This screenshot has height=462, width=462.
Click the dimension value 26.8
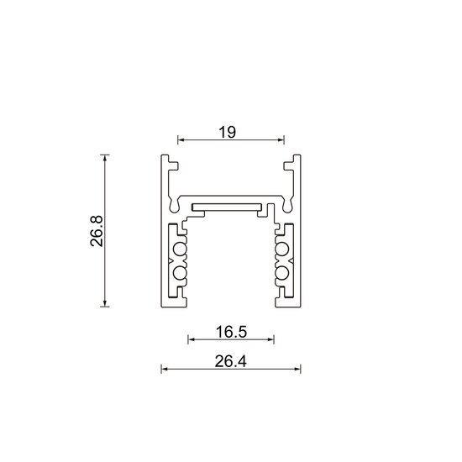[x=97, y=231]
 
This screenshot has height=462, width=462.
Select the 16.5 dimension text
[x=230, y=331]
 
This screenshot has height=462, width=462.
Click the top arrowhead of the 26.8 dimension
[x=105, y=157]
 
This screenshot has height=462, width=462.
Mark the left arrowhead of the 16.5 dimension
[x=190, y=340]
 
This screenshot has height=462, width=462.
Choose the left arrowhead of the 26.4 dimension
[x=164, y=369]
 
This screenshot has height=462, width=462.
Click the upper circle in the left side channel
[x=179, y=249]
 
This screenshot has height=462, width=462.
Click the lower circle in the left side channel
[x=179, y=273]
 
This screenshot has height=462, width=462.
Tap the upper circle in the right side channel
[x=282, y=249]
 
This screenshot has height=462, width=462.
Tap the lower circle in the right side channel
[x=282, y=273]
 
